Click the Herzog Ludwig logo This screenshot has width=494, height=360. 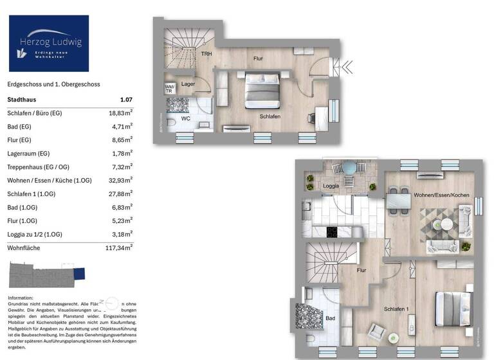coord(48,43)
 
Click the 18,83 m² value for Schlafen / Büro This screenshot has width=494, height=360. coord(121,113)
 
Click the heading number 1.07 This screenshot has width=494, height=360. coord(126,100)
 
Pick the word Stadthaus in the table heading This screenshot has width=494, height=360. coord(22,100)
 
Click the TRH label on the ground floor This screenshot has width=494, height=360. coord(206,54)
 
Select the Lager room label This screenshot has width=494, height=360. coord(188,84)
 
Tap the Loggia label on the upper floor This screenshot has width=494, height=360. coord(331,186)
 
